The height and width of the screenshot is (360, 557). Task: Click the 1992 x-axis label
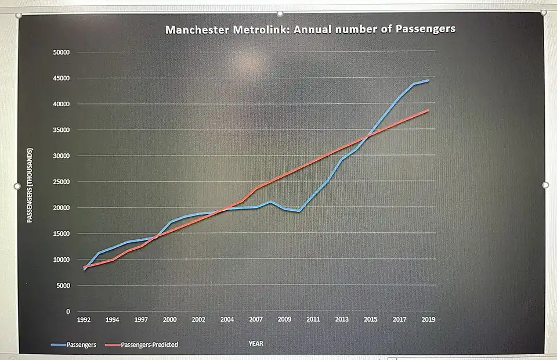[x=84, y=319]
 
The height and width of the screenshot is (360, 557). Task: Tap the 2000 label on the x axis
[x=169, y=319]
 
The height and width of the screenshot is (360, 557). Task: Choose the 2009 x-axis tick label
[x=284, y=319]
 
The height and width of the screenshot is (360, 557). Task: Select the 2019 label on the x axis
[x=428, y=319]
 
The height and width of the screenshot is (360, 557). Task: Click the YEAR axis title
[x=256, y=344]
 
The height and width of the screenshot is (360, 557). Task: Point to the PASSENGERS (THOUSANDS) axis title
[x=30, y=185]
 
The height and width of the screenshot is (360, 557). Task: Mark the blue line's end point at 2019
[x=428, y=80]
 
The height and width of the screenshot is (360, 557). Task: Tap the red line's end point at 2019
[x=428, y=110]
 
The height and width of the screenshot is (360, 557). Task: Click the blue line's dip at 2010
[x=299, y=211]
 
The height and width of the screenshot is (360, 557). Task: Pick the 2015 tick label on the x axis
[x=370, y=319]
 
